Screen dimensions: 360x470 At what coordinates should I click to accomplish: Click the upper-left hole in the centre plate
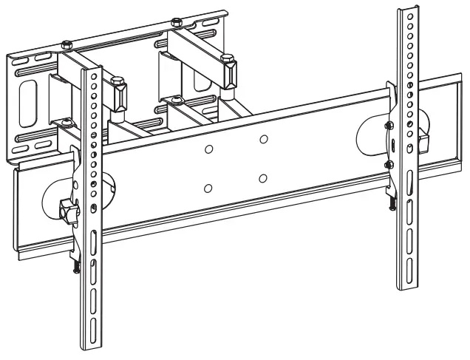(x=209, y=149)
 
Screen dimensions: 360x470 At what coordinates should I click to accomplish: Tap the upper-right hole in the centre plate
(x=263, y=139)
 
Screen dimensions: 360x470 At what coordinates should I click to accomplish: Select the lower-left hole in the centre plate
(x=208, y=188)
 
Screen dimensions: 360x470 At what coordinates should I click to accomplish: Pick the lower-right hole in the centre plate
(x=263, y=177)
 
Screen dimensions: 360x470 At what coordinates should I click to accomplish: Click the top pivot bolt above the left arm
(x=66, y=44)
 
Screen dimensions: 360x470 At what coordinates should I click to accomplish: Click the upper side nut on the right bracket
(x=388, y=126)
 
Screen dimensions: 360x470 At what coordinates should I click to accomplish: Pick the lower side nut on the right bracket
(x=388, y=163)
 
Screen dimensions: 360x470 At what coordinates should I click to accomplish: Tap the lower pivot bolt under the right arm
(x=174, y=99)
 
